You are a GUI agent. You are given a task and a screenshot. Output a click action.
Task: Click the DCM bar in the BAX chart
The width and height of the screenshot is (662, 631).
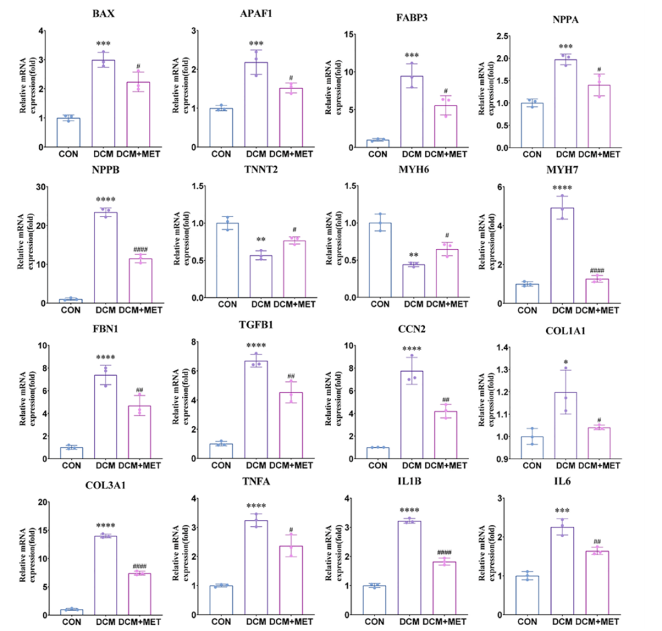pyautogui.click(x=104, y=103)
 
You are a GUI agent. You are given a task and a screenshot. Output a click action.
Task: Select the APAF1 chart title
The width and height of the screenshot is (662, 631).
pyautogui.click(x=257, y=13)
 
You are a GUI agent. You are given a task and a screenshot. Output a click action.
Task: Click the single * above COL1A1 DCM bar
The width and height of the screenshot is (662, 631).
pyautogui.click(x=565, y=361)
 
